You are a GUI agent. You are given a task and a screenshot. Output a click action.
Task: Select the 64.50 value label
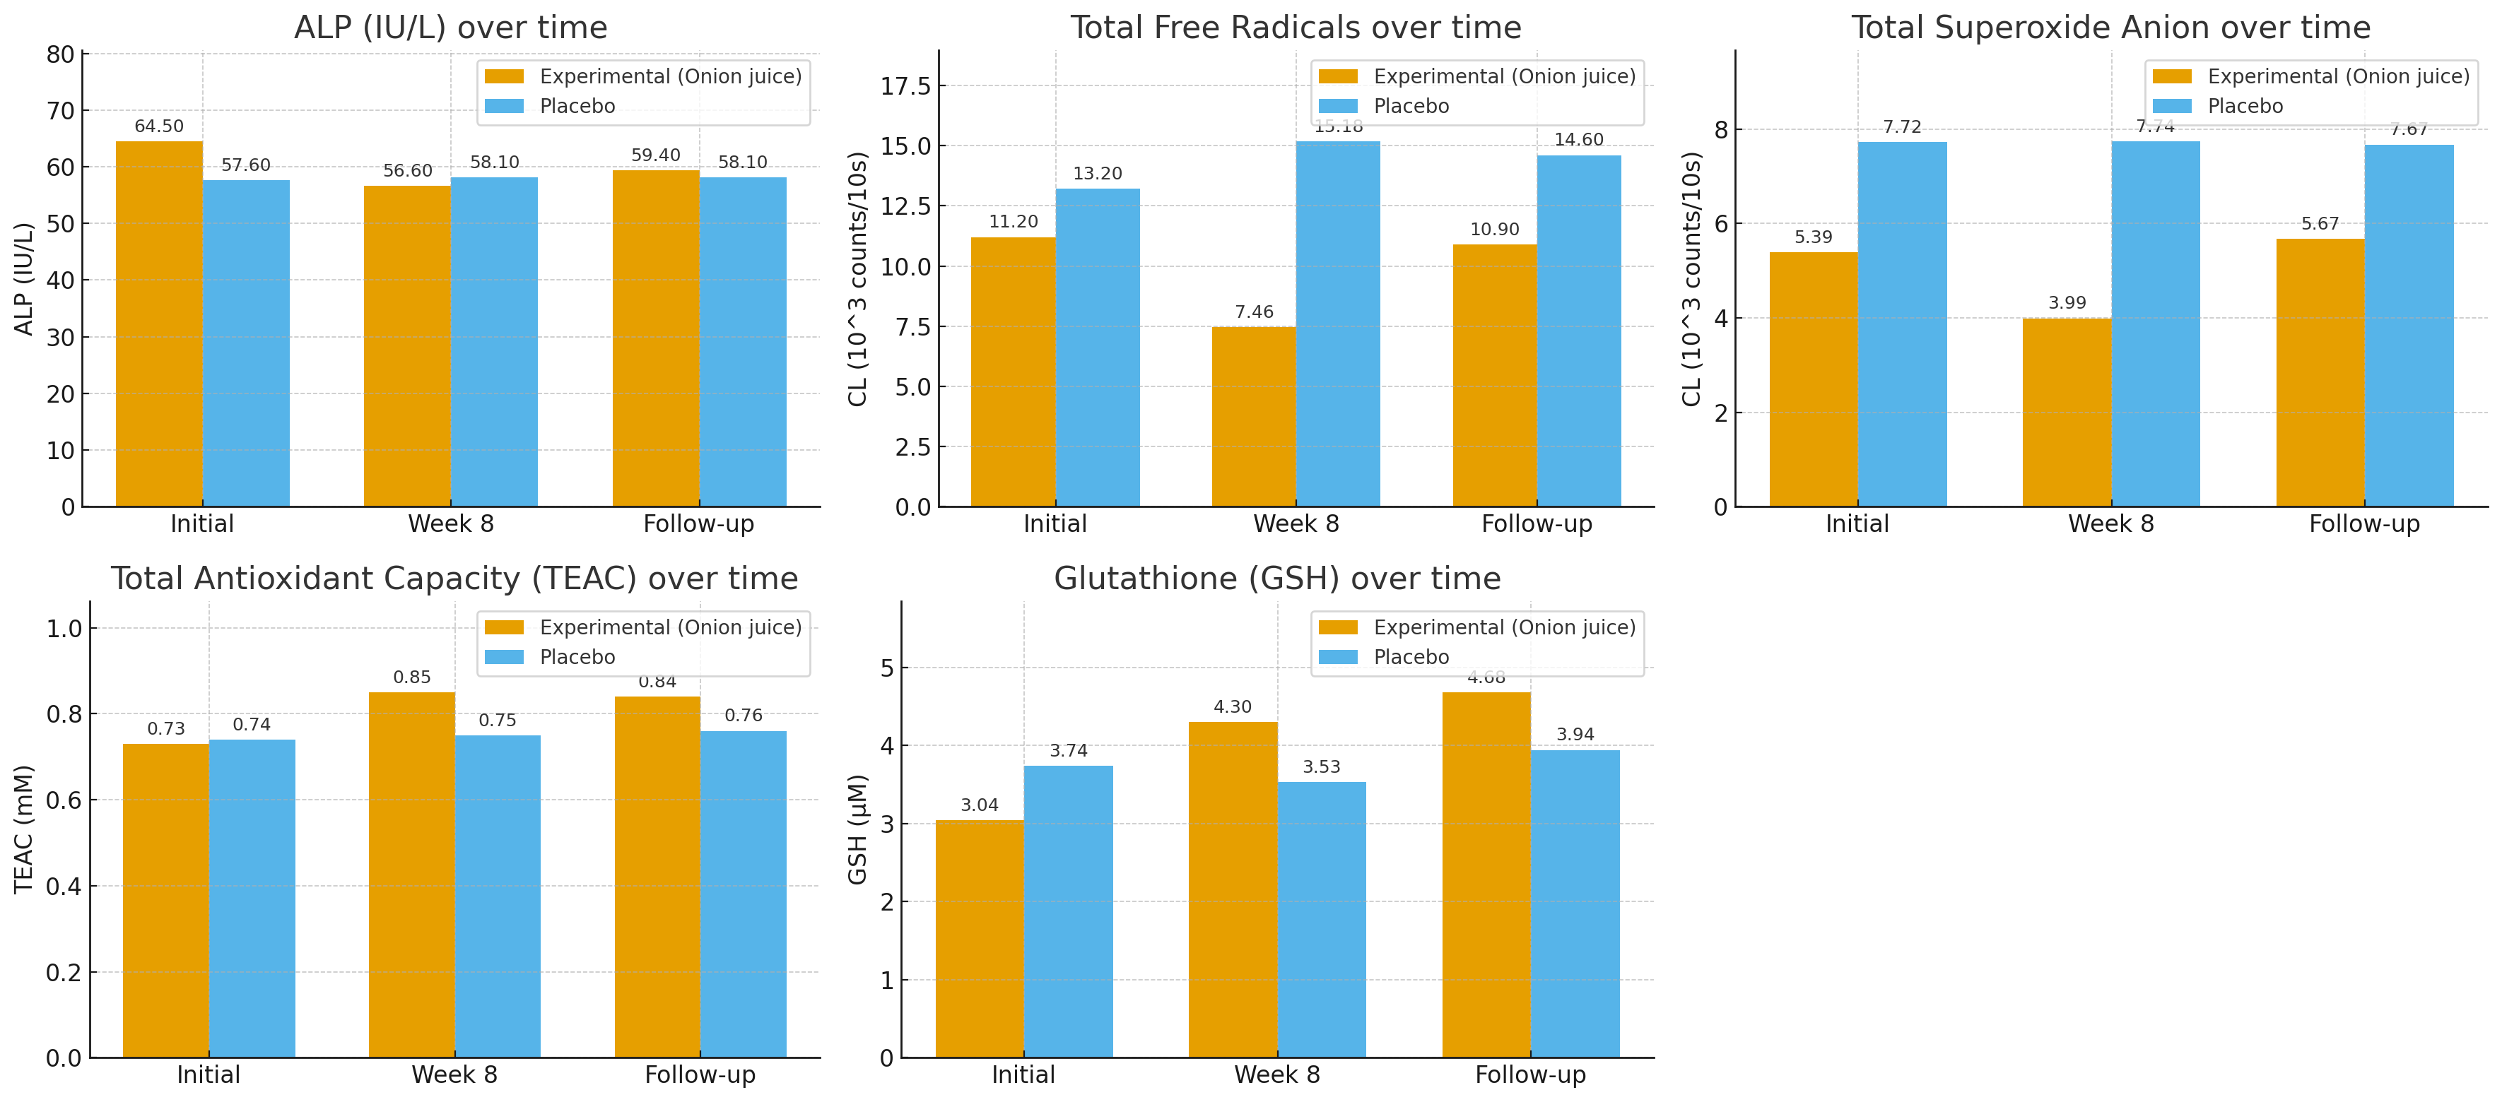pos(159,126)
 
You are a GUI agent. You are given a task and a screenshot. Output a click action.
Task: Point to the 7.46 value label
pos(1254,312)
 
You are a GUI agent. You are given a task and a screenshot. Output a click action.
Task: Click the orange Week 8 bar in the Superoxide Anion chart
pos(2067,412)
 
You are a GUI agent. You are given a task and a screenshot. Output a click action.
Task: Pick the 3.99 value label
pos(2067,303)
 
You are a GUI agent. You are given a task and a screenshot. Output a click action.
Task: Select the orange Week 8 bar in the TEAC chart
pos(412,874)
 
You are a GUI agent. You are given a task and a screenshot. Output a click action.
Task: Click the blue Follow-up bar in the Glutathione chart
pos(1575,903)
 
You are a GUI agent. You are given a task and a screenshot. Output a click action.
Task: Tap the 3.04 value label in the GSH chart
pos(979,805)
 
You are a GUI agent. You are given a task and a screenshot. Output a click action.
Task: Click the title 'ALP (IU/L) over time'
pos(451,27)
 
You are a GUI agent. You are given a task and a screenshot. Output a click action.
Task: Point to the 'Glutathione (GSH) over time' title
pos(1277,579)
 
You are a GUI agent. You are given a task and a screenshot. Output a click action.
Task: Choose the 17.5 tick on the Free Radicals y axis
pos(905,86)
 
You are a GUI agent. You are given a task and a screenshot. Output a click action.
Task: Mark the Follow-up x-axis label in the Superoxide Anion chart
pos(2364,524)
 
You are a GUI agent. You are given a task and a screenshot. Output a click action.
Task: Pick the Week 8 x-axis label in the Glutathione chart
pos(1276,1075)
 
